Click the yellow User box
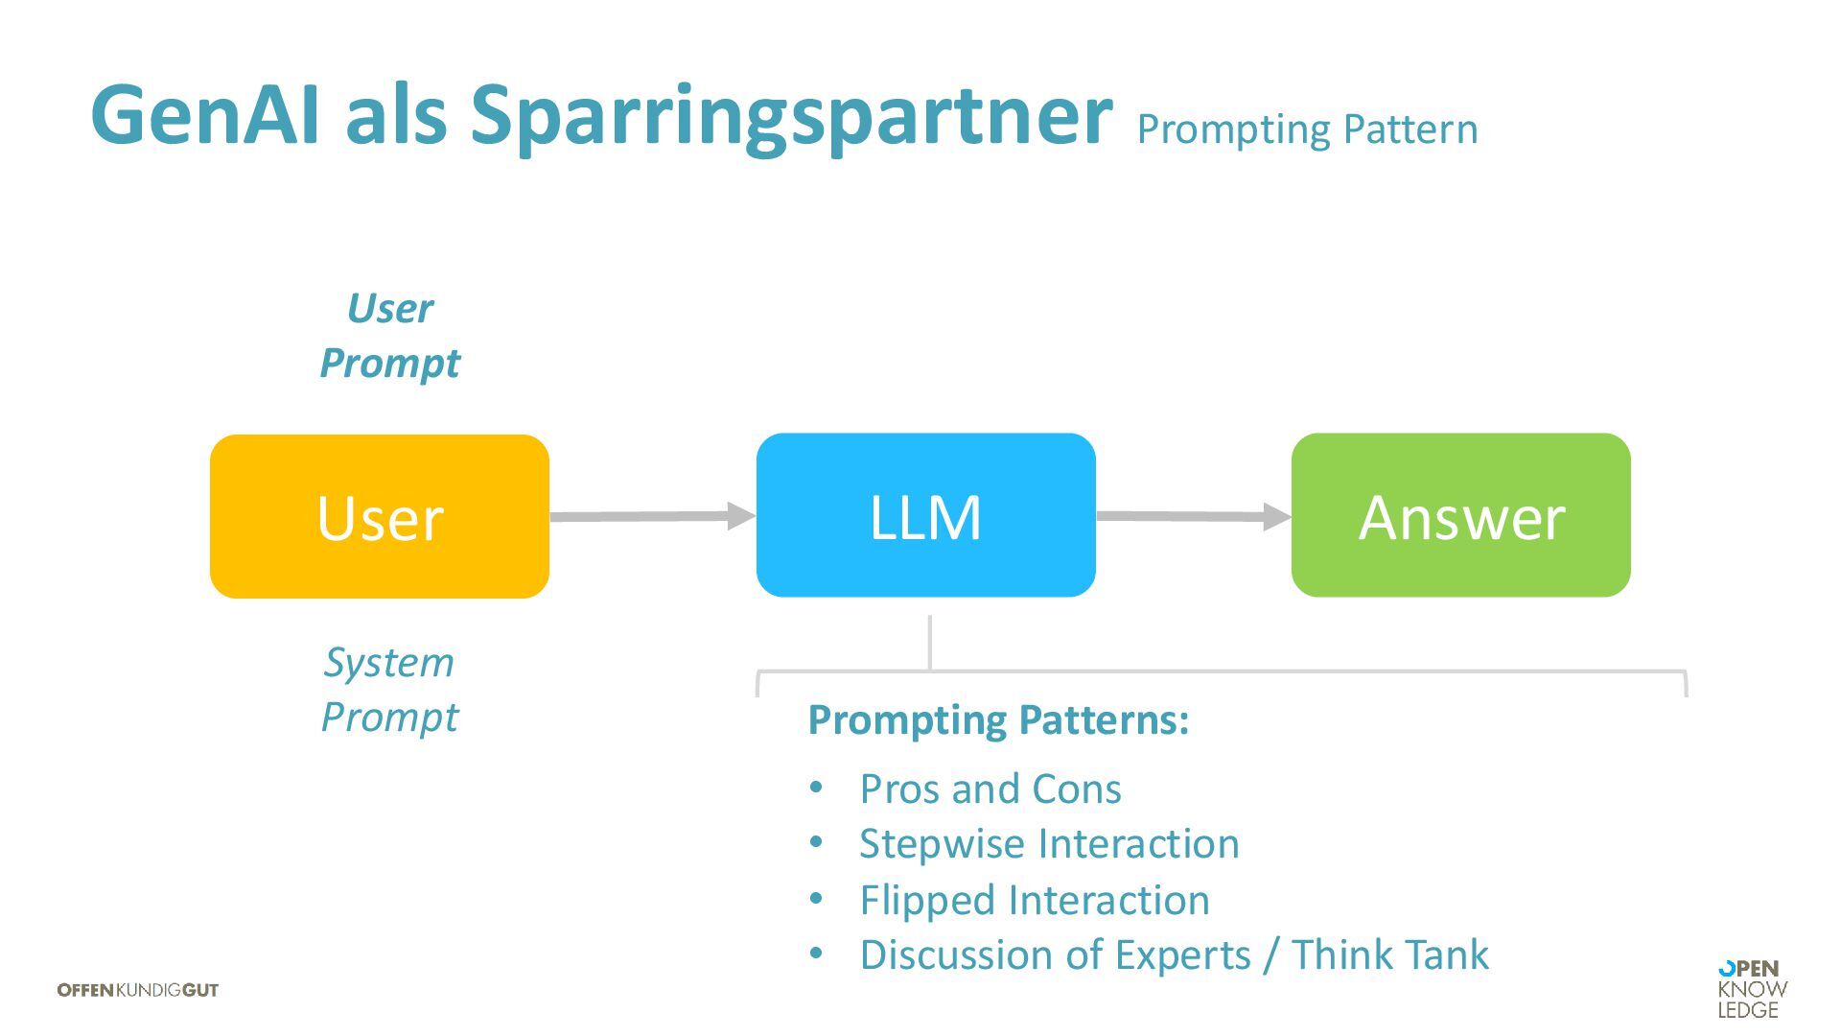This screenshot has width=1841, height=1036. (x=380, y=516)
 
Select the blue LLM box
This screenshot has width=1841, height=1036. (x=925, y=515)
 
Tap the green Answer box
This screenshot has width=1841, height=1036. (x=1460, y=515)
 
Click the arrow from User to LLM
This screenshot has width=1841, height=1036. (x=652, y=516)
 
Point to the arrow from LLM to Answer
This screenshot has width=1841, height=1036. (x=1194, y=516)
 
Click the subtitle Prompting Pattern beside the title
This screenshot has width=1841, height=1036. (x=1307, y=129)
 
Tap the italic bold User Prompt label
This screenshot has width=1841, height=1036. (x=389, y=336)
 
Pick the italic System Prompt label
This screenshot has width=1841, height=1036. (x=389, y=689)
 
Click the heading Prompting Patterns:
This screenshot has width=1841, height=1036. (x=998, y=719)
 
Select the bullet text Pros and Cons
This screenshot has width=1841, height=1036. (x=990, y=789)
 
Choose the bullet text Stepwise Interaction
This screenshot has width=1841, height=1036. (x=1049, y=844)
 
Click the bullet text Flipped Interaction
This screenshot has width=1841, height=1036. (x=1035, y=900)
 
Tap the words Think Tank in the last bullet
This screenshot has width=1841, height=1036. (x=1390, y=954)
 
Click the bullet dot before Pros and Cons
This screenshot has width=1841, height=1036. (x=816, y=789)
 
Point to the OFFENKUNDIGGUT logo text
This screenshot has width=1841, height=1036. (x=138, y=990)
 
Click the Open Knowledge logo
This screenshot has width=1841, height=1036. (x=1752, y=989)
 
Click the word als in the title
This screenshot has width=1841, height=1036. (x=396, y=115)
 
